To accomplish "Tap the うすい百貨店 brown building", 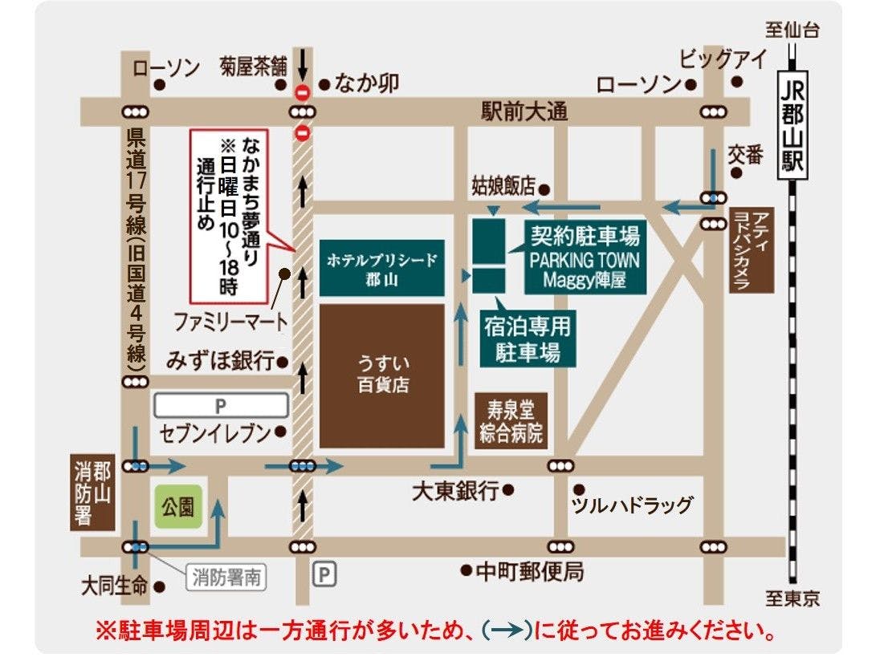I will click(382, 375).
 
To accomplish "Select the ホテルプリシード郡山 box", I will click(382, 267).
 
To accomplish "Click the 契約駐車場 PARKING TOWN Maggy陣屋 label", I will click(584, 256).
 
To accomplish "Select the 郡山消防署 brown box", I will click(92, 493).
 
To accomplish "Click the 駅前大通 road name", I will click(524, 112).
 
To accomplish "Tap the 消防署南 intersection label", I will click(227, 576).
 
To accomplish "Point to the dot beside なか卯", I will click(324, 83).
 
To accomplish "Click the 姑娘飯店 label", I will click(503, 187).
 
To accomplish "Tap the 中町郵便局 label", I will click(530, 572).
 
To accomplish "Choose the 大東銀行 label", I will click(455, 491).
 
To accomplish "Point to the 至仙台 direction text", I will click(792, 31).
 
